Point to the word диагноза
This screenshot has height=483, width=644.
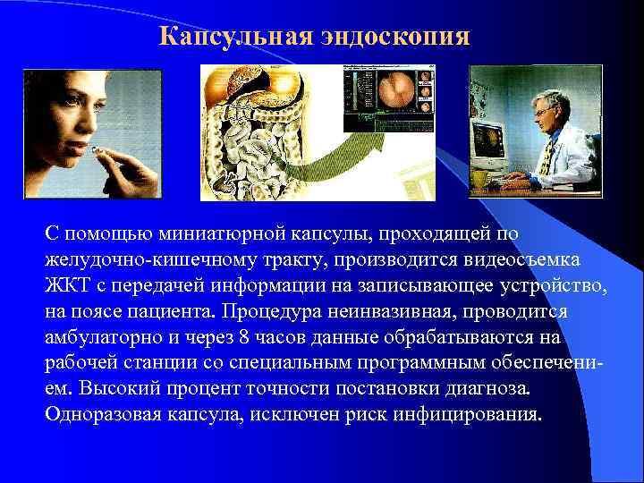point(487,389)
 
